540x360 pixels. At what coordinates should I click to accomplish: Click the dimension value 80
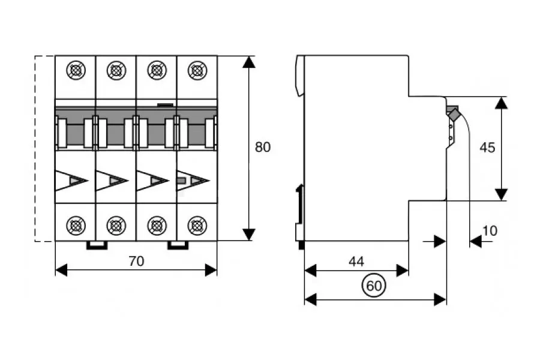pyautogui.click(x=263, y=147)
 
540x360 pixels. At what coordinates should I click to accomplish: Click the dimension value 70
pyautogui.click(x=137, y=261)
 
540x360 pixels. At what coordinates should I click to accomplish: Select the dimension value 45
pyautogui.click(x=488, y=147)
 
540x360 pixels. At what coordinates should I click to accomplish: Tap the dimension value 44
pyautogui.click(x=356, y=262)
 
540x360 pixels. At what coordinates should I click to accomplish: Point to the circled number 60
pyautogui.click(x=373, y=287)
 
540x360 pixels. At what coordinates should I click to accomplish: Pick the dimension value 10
pyautogui.click(x=490, y=230)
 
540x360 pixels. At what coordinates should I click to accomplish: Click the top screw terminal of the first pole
pyautogui.click(x=76, y=71)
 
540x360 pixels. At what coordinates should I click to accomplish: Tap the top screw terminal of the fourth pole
pyautogui.click(x=196, y=71)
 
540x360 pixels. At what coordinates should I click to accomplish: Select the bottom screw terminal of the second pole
pyautogui.click(x=116, y=226)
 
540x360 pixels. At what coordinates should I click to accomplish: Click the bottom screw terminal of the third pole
pyautogui.click(x=157, y=226)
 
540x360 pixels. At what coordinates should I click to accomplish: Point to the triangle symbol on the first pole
pyautogui.click(x=71, y=181)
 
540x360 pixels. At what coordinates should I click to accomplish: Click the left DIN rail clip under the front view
pyautogui.click(x=97, y=245)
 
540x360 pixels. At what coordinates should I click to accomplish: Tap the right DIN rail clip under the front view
pyautogui.click(x=178, y=245)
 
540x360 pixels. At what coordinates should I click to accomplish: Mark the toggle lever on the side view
pyautogui.click(x=453, y=113)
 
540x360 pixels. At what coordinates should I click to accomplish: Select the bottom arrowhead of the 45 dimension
pyautogui.click(x=501, y=194)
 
